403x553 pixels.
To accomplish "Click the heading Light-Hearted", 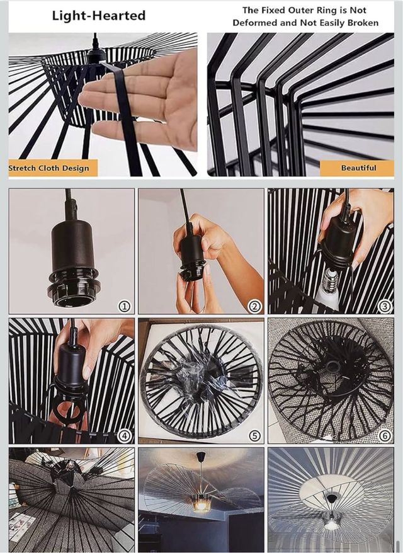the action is click(x=99, y=16).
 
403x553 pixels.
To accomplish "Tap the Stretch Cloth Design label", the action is click(x=49, y=168).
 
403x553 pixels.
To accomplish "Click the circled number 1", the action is click(x=124, y=306).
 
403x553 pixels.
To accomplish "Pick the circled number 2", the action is click(x=254, y=306).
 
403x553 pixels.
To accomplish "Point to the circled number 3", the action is click(x=384, y=306).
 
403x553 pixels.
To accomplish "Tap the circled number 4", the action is click(x=124, y=436).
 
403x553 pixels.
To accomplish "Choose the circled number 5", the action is click(x=254, y=436).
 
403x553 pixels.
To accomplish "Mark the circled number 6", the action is click(x=384, y=436).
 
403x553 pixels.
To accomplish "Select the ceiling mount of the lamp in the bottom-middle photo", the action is click(x=201, y=455).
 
